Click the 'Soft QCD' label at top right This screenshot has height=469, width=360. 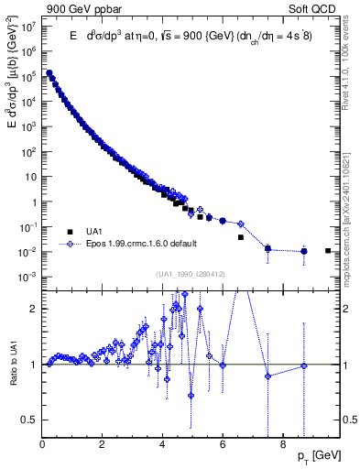point(315,8)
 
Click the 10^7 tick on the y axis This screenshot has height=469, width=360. point(27,27)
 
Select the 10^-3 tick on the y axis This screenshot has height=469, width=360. point(27,277)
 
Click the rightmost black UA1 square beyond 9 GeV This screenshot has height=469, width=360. point(328,250)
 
